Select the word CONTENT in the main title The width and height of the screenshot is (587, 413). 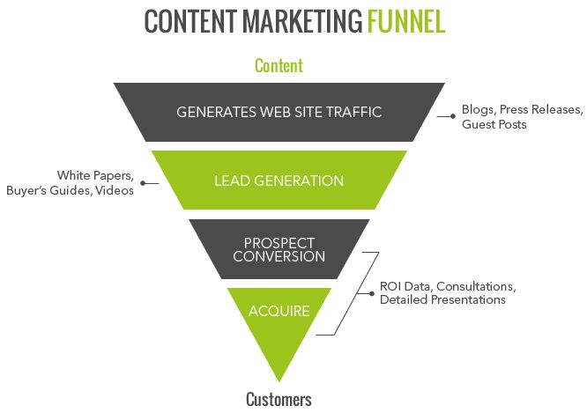tap(181, 22)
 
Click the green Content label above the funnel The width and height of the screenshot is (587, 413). tap(279, 65)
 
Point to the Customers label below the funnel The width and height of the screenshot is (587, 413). tap(279, 399)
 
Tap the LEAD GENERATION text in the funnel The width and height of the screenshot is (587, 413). tap(279, 181)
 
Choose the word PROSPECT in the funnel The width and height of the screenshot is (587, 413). tap(279, 242)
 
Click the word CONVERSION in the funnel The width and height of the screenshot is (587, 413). tap(279, 256)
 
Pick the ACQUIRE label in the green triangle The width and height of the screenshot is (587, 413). tap(279, 312)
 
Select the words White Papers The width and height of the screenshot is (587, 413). tap(95, 175)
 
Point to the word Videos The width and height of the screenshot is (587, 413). tap(115, 190)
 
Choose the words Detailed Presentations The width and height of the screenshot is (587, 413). tap(442, 300)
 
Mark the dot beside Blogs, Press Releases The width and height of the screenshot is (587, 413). tap(453, 116)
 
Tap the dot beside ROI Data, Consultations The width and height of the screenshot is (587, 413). tap(370, 292)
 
